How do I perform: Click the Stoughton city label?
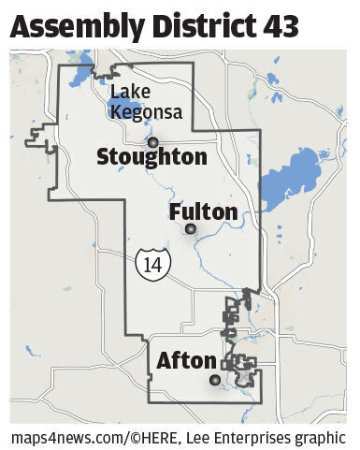click(x=151, y=157)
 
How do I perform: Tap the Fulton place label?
click(x=203, y=212)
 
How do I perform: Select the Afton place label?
click(x=187, y=360)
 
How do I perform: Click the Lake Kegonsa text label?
click(x=146, y=103)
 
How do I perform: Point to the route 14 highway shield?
click(x=150, y=264)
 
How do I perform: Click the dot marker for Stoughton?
click(x=152, y=142)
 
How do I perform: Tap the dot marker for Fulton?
click(x=190, y=228)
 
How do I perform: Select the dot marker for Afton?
click(x=215, y=380)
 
